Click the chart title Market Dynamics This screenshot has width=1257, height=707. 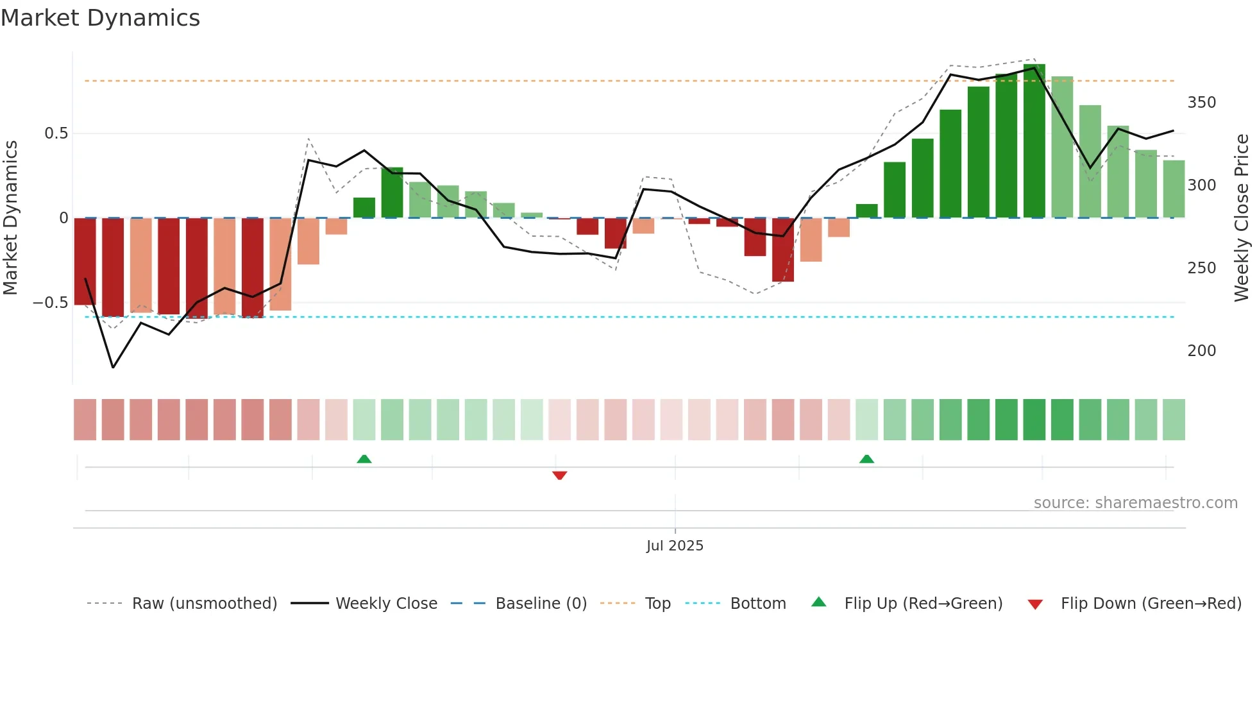(x=100, y=18)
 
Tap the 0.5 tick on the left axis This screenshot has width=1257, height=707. (x=56, y=133)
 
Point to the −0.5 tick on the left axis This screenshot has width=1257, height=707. (x=51, y=302)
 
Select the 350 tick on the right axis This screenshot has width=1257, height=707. (x=1201, y=103)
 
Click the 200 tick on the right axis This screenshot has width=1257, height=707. (x=1201, y=351)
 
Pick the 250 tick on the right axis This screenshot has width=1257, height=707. (x=1201, y=268)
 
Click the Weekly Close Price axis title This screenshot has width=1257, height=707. (x=1242, y=218)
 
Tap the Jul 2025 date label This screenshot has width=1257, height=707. (x=675, y=546)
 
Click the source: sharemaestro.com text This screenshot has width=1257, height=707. (x=1135, y=503)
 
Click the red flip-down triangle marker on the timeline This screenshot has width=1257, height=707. (x=559, y=475)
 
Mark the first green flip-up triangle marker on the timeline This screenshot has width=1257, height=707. (x=364, y=459)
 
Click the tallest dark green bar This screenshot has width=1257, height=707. (x=1034, y=141)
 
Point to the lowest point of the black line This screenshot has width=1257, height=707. (x=114, y=368)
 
